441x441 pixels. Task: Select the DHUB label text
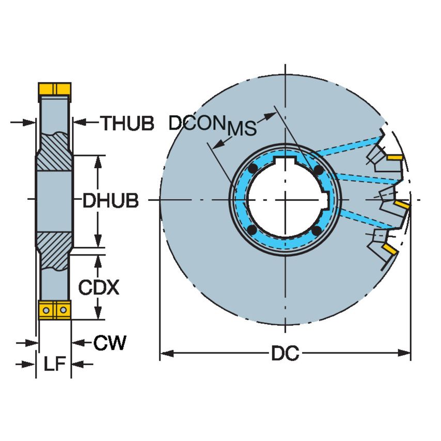pyautogui.click(x=111, y=201)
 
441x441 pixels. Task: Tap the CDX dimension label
pyautogui.click(x=98, y=287)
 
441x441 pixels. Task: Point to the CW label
pyautogui.click(x=109, y=342)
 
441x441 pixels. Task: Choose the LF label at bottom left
pyautogui.click(x=54, y=365)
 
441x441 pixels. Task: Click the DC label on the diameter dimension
pyautogui.click(x=286, y=354)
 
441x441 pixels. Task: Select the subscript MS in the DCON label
pyautogui.click(x=242, y=129)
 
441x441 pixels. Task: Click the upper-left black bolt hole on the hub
pyautogui.click(x=253, y=170)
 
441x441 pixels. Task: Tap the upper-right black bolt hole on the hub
pyautogui.click(x=319, y=170)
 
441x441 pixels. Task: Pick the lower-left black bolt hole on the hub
pyautogui.click(x=253, y=230)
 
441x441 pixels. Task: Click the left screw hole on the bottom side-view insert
pyautogui.click(x=46, y=310)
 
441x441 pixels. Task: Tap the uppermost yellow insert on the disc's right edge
pyautogui.click(x=395, y=156)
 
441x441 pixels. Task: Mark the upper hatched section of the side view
pyautogui.click(x=54, y=150)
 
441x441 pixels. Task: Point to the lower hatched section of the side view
pyautogui.click(x=54, y=249)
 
